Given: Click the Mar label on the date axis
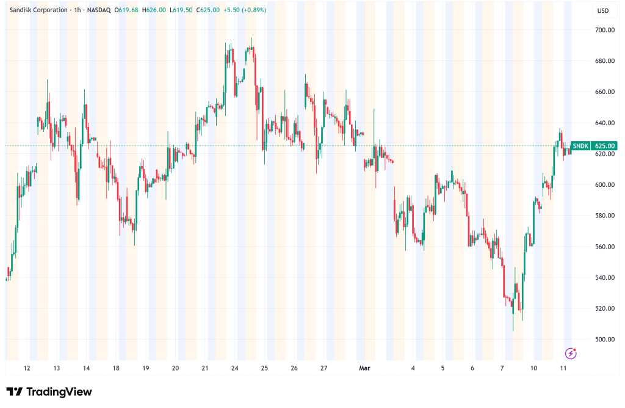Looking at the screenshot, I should (x=365, y=368).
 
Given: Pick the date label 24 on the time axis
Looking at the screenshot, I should (x=234, y=368).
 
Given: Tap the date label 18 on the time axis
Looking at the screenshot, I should (x=116, y=368).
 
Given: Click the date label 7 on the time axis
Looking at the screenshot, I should (x=502, y=368).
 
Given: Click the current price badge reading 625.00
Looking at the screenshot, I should (x=605, y=146).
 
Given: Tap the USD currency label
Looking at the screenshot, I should (x=603, y=10).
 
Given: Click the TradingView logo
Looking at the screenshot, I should (x=49, y=392).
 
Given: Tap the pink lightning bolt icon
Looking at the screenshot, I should (x=571, y=353).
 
